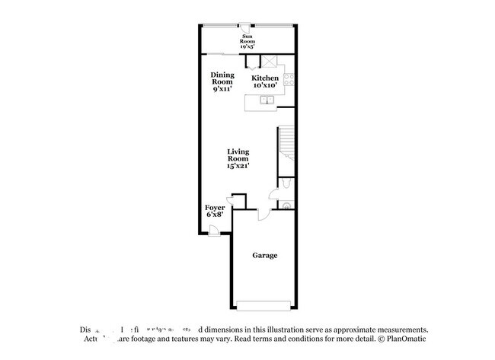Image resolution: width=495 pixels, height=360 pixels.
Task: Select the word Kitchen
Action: click(x=266, y=78)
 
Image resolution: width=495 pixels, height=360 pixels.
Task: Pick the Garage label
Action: click(x=264, y=255)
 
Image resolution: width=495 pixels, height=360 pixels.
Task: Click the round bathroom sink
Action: click(x=286, y=204)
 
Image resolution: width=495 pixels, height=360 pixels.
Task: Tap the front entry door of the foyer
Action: click(x=215, y=234)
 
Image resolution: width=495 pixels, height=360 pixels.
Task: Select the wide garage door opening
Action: click(x=263, y=306)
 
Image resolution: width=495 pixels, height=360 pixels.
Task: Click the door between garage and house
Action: click(x=262, y=215)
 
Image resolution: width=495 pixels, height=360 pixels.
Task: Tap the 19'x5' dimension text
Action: click(x=248, y=46)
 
